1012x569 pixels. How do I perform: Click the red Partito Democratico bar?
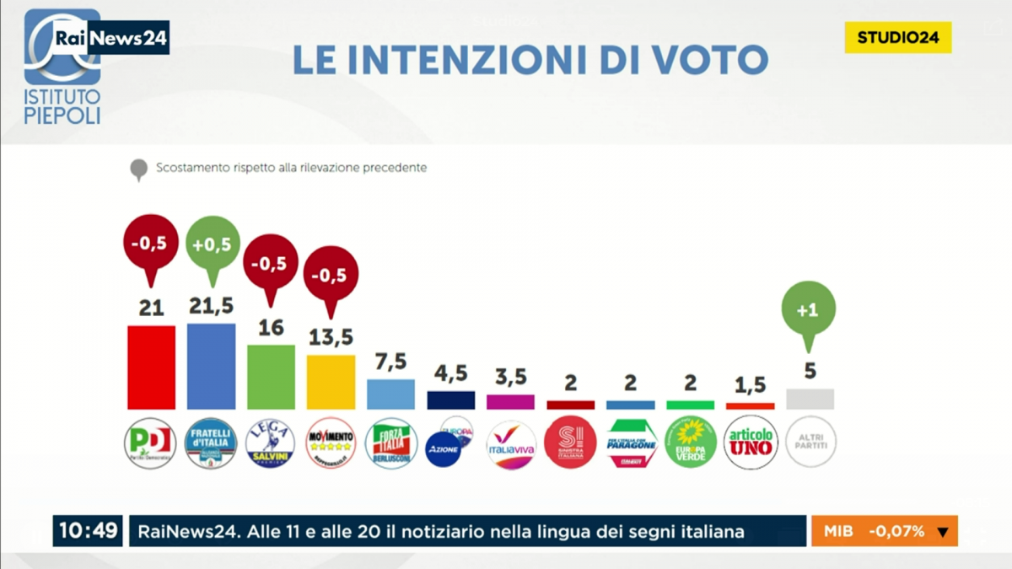click(x=151, y=368)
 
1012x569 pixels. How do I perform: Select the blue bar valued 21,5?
click(x=211, y=367)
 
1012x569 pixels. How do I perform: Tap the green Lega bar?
click(x=271, y=377)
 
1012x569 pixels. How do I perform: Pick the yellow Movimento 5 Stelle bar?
click(x=331, y=382)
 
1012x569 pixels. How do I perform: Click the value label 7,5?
click(x=390, y=362)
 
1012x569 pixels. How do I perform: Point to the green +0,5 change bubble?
click(x=213, y=244)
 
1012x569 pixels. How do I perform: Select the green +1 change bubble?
click(x=809, y=309)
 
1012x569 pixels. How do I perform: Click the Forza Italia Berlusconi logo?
click(x=391, y=443)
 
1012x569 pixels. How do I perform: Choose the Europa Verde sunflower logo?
click(x=690, y=443)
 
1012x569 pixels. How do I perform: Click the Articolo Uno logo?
click(x=751, y=443)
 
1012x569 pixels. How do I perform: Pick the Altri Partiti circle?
click(x=810, y=443)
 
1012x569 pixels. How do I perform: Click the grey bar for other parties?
click(x=810, y=399)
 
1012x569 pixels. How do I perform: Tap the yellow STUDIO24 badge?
click(x=898, y=37)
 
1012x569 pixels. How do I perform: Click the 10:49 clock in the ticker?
click(x=88, y=531)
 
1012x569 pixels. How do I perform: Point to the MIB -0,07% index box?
click(x=885, y=531)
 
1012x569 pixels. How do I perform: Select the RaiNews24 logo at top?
click(x=110, y=38)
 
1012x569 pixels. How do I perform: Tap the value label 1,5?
click(x=750, y=384)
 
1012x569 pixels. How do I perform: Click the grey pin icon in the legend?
click(x=138, y=169)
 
